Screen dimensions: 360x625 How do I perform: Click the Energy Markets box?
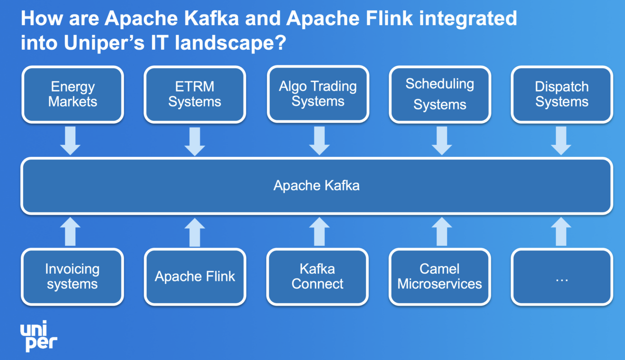pos(72,94)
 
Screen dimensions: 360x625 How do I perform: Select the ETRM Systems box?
pos(195,94)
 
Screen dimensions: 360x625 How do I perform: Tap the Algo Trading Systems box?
pos(318,94)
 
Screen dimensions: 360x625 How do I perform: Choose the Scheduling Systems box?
pos(440,94)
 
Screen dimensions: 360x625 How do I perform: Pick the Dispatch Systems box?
pos(562,94)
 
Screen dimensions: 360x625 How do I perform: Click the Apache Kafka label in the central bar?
pos(316,185)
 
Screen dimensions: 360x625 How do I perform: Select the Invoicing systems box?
pos(72,277)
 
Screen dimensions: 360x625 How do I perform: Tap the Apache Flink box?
pos(195,277)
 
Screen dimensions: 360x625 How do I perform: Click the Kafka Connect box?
pos(318,277)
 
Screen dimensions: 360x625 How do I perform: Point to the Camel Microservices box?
pos(440,277)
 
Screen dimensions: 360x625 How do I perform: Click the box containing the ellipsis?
pos(562,277)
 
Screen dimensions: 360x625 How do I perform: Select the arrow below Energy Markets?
pos(71,141)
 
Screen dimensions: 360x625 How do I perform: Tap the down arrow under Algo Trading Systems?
pos(319,141)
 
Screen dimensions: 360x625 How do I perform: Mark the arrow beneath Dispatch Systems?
pos(561,141)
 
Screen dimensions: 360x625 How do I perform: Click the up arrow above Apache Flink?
pos(194,232)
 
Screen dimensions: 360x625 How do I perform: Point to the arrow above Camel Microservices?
pos(441,232)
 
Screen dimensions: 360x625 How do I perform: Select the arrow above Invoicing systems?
pos(71,232)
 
